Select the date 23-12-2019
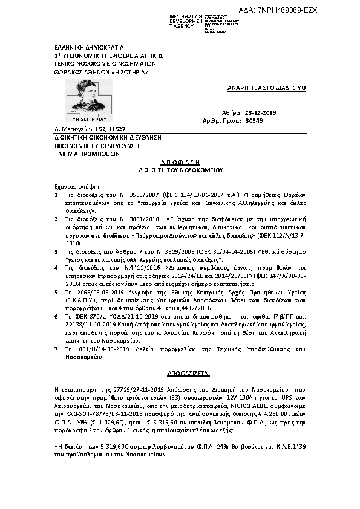[x=260, y=112]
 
